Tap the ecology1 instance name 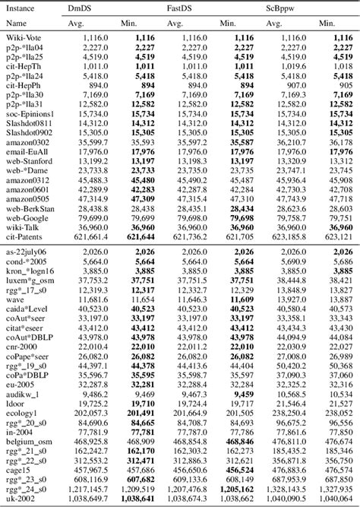click(20, 413)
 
